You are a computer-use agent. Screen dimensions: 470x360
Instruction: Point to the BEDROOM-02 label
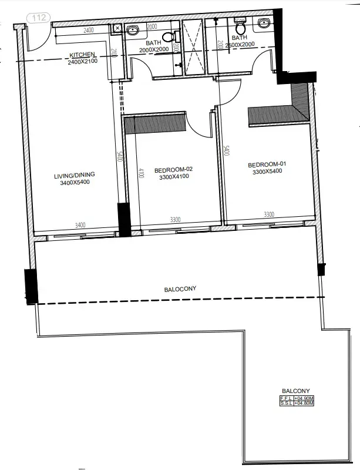click(x=173, y=170)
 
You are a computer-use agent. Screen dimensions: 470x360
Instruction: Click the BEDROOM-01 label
click(x=267, y=164)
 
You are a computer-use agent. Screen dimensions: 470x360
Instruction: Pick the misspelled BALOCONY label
click(x=180, y=289)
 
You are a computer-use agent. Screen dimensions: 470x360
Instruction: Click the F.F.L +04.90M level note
click(x=297, y=398)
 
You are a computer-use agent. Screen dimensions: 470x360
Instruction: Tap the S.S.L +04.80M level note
click(x=297, y=404)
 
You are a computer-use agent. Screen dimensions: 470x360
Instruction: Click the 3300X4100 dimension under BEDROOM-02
click(x=173, y=177)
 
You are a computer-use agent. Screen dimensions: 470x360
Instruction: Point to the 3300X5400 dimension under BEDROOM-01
click(x=267, y=172)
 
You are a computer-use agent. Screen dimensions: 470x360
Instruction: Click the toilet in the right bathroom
click(x=240, y=27)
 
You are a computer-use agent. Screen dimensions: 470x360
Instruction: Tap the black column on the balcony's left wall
click(x=31, y=286)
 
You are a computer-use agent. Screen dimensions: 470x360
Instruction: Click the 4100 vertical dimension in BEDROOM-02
click(x=141, y=174)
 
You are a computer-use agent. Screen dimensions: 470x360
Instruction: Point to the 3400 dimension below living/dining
click(x=80, y=224)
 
